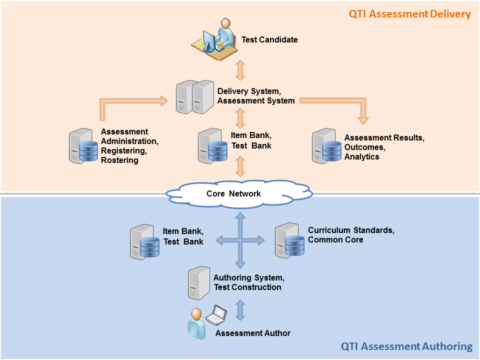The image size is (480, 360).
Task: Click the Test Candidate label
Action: pyautogui.click(x=269, y=39)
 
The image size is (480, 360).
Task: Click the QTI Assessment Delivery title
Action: pyautogui.click(x=409, y=13)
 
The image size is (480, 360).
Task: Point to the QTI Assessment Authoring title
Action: pyautogui.click(x=406, y=346)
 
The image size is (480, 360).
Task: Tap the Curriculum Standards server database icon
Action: pyautogui.click(x=289, y=240)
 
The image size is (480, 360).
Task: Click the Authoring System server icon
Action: pyautogui.click(x=198, y=282)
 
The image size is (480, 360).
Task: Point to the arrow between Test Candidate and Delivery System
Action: pyautogui.click(x=240, y=70)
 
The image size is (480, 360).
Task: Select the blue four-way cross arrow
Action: pyautogui.click(x=240, y=240)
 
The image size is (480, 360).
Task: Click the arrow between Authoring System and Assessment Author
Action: pyautogui.click(x=240, y=310)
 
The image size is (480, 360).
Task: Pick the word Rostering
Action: pyautogui.click(x=119, y=160)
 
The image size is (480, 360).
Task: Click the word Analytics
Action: pyautogui.click(x=361, y=157)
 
